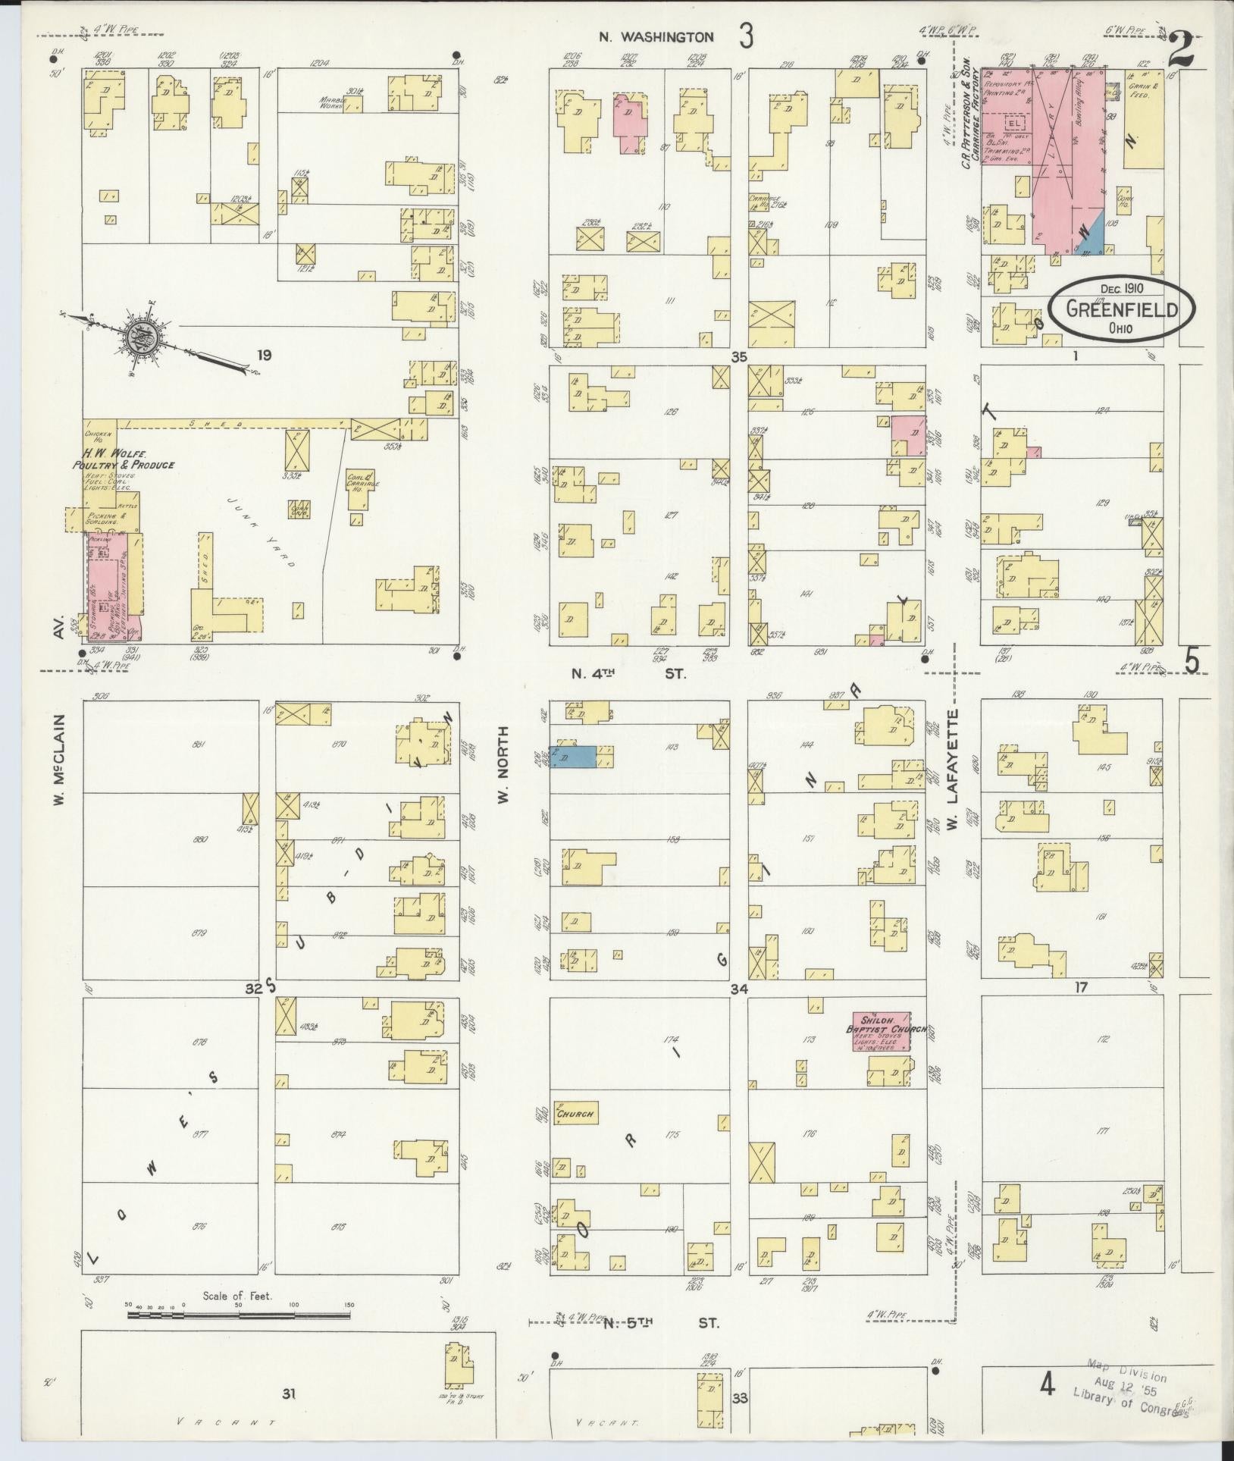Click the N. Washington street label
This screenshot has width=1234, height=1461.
(x=656, y=36)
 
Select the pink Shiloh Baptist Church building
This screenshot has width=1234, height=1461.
(x=880, y=1031)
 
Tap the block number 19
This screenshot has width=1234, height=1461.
(x=263, y=355)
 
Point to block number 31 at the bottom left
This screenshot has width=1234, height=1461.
(x=288, y=1392)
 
